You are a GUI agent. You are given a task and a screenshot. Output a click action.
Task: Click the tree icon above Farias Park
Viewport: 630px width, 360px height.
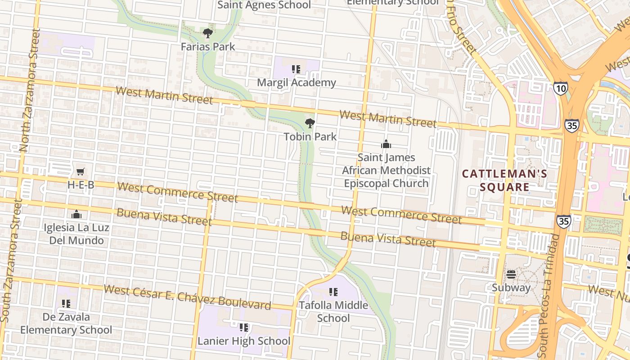(207, 33)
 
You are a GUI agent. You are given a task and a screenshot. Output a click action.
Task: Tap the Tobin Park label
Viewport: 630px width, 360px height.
(310, 136)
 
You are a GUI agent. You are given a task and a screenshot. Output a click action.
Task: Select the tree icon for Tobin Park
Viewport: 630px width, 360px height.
(310, 123)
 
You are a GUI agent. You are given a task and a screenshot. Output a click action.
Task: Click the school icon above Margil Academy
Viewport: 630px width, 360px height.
(296, 69)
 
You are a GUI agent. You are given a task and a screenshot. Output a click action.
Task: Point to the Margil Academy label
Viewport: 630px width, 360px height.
(296, 83)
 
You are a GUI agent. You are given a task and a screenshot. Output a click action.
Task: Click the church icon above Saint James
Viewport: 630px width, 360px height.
(386, 144)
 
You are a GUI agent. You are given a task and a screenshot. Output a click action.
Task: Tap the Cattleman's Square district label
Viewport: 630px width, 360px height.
(504, 180)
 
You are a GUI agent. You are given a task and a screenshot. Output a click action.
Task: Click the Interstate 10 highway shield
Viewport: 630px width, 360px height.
(561, 88)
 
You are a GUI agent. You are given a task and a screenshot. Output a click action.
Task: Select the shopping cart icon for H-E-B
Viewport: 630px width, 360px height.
(81, 171)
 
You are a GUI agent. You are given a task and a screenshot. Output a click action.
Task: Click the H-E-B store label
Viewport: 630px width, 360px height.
(81, 185)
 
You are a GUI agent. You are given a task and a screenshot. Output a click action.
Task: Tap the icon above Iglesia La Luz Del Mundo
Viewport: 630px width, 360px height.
(76, 214)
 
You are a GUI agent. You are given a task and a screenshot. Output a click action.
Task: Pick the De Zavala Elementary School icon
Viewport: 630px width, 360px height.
(66, 304)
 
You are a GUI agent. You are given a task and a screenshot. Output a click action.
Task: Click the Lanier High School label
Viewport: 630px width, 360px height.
(244, 341)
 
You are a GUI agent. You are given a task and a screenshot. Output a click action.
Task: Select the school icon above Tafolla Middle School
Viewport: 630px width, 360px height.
(333, 292)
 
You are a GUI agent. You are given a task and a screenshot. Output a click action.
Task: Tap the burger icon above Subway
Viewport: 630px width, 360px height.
(511, 274)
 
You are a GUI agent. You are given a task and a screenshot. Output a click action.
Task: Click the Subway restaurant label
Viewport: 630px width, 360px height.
(511, 288)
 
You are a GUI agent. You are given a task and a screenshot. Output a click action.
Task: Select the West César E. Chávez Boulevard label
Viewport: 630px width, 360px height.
(188, 297)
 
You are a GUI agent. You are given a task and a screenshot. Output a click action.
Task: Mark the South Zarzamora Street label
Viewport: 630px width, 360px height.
(11, 261)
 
